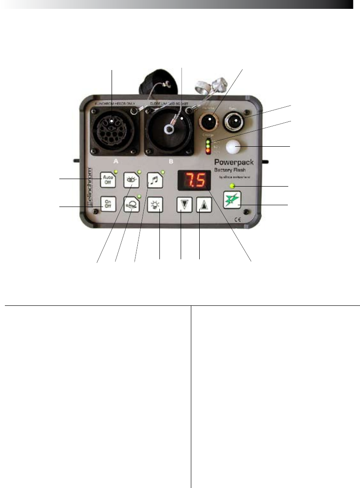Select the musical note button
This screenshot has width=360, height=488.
(x=155, y=179)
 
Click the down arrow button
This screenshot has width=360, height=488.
(x=184, y=205)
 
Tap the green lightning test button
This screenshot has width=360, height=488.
(x=232, y=200)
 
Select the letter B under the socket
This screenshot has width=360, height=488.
(x=170, y=162)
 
